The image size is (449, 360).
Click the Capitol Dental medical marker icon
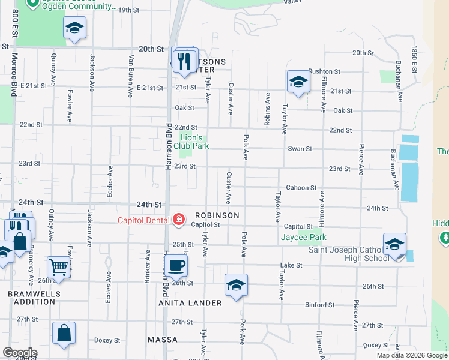[x=178, y=220]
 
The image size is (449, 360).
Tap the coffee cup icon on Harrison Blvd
[x=176, y=265]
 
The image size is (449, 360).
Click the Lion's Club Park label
[x=191, y=142]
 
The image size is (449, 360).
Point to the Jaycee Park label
[x=303, y=237]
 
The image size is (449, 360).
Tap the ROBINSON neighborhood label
[x=217, y=215]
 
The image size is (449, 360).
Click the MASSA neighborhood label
[x=163, y=340]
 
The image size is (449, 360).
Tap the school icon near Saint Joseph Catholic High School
[x=395, y=244]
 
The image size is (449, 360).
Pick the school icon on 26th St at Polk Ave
[x=237, y=284]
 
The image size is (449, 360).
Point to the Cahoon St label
[x=301, y=188]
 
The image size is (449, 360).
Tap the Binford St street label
[x=319, y=305]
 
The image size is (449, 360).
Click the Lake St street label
[x=291, y=265]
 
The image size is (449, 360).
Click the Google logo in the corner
[x=20, y=353]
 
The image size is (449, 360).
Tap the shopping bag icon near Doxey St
[x=64, y=334]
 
